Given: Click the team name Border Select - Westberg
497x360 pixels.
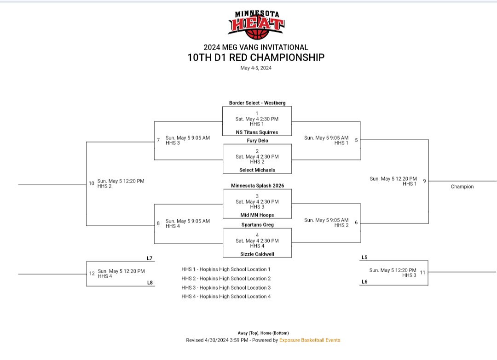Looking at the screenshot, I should (x=257, y=103).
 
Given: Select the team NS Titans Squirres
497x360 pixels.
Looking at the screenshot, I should (x=257, y=132).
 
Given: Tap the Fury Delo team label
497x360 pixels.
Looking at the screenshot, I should (x=257, y=141).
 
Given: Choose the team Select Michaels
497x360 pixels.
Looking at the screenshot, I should (x=257, y=170).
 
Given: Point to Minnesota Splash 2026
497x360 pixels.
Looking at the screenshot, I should (x=257, y=186).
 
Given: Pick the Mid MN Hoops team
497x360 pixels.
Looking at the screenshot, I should (x=257, y=215).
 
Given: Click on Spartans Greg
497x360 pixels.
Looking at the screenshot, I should (x=257, y=225).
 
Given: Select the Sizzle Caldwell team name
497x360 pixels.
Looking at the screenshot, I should (x=257, y=254).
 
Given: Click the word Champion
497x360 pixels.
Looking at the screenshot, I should (x=462, y=187).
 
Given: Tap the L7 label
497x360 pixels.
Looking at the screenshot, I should (x=150, y=258).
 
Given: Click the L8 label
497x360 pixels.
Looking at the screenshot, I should (x=150, y=282).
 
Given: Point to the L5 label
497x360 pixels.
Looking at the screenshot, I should (x=364, y=257).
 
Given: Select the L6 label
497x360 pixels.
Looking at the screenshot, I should (x=364, y=281).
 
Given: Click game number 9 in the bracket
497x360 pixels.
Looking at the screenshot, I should (x=424, y=181).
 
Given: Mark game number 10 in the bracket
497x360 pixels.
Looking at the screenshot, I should (x=91, y=183).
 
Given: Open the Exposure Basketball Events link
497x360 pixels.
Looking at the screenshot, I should (x=310, y=340).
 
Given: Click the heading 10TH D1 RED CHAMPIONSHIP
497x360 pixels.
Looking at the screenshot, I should (x=256, y=57).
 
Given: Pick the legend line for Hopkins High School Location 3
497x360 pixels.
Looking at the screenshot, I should (x=226, y=288).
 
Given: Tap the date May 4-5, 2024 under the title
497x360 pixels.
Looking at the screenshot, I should (x=256, y=68).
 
